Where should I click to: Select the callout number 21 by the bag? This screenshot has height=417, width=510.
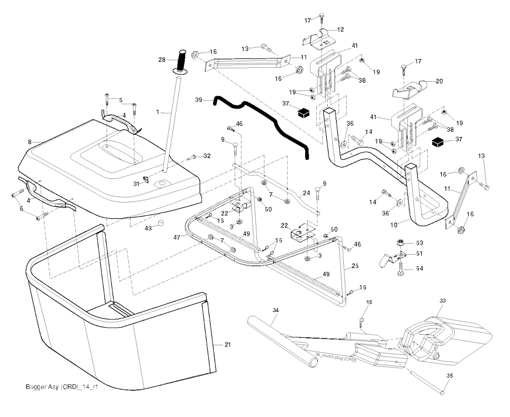pyautogui.click(x=228, y=345)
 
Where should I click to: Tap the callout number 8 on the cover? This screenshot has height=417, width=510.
pyautogui.click(x=30, y=142)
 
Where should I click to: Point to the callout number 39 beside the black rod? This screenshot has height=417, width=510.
pyautogui.click(x=199, y=100)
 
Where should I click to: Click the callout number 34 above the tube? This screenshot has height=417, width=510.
pyautogui.click(x=275, y=310)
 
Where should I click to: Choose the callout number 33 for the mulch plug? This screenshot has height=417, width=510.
pyautogui.click(x=443, y=301)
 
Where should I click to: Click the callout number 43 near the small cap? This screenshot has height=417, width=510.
pyautogui.click(x=148, y=228)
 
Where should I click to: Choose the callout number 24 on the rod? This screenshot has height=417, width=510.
pyautogui.click(x=306, y=193)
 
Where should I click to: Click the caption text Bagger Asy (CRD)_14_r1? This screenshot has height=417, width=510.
pyautogui.click(x=61, y=387)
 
